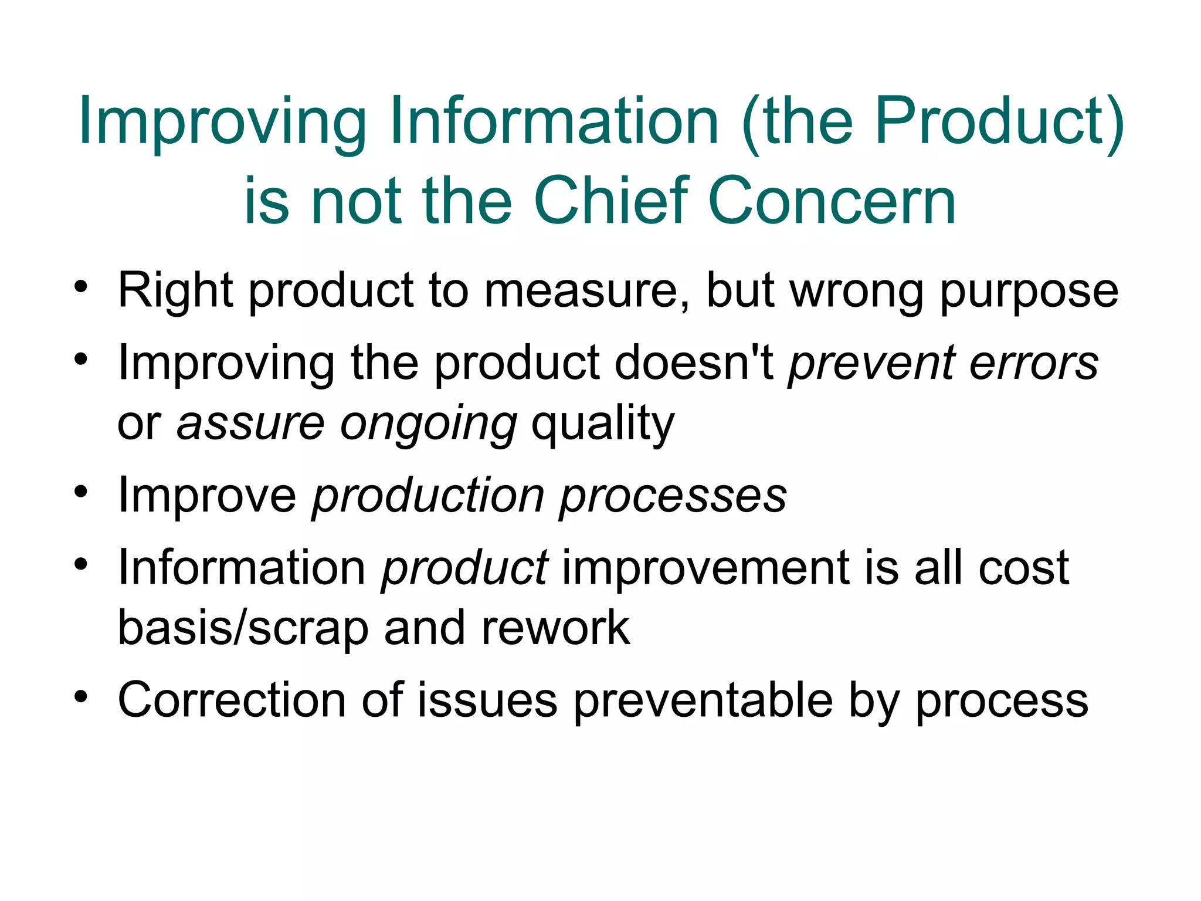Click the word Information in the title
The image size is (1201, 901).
(x=554, y=122)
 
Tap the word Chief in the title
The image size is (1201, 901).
(x=610, y=201)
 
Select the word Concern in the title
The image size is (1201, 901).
(x=832, y=201)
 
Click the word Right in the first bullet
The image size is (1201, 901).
(x=175, y=291)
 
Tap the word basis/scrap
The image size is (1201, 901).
(x=243, y=628)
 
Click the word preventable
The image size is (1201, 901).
(x=703, y=700)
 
